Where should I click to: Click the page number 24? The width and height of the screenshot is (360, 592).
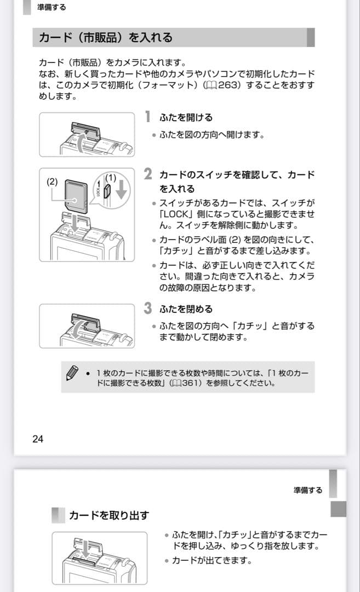coord(38,439)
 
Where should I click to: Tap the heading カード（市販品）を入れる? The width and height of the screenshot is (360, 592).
coord(105,38)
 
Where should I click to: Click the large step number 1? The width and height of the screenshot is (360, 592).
coord(147,117)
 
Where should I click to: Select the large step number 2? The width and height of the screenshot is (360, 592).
coord(148,174)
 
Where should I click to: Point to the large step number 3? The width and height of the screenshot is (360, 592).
coord(148,308)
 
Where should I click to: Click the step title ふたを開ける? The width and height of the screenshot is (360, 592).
coord(186,117)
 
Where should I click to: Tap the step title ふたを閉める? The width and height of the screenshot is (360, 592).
coord(186,309)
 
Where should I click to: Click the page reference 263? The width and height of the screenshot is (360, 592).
coord(227,86)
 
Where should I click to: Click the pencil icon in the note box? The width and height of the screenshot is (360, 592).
coord(72,373)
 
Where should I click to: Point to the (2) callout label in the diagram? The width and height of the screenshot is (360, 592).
coord(52,181)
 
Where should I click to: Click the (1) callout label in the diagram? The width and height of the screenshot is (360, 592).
coord(111,177)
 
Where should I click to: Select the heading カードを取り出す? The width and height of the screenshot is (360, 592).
coord(108,515)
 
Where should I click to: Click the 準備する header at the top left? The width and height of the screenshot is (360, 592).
coord(52,8)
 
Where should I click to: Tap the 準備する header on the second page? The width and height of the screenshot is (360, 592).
coord(307,490)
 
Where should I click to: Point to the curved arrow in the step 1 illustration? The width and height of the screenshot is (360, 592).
coord(81,144)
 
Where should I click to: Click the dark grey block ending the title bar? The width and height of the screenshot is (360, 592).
coord(310,38)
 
